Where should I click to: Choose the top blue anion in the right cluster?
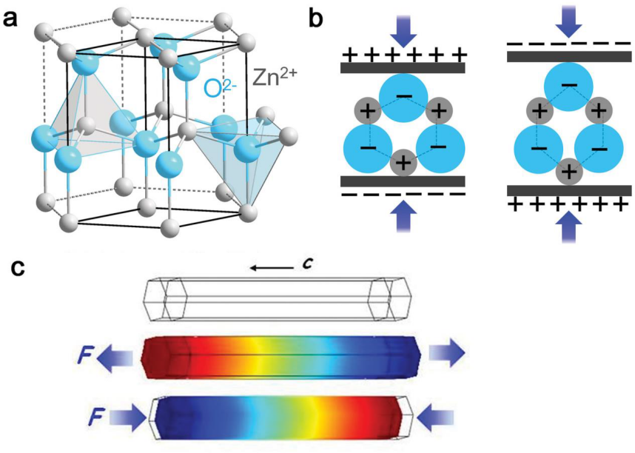pos(569,87)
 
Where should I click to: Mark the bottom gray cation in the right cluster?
pos(569,172)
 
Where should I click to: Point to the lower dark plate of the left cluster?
pos(402,181)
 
